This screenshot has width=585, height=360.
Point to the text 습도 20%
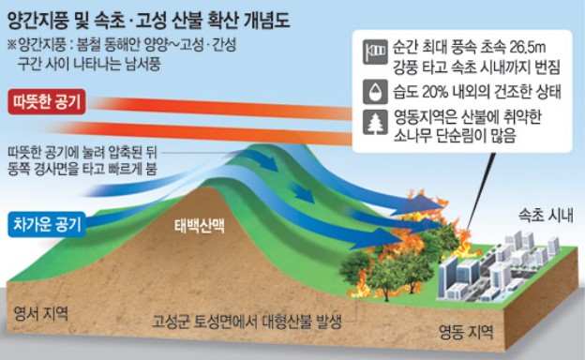[x=422, y=93]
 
